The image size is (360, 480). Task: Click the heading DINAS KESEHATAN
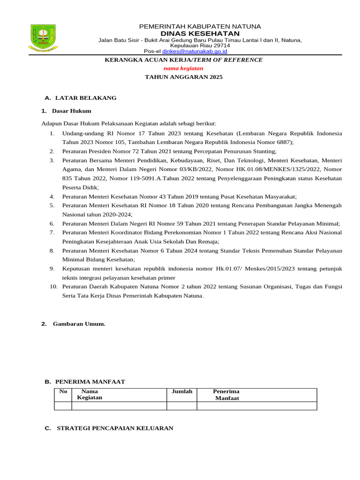(200, 34)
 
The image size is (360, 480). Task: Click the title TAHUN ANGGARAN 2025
(183, 77)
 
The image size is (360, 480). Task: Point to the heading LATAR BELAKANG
(86, 98)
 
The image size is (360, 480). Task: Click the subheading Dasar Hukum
(72, 111)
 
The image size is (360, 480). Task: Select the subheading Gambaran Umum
(79, 324)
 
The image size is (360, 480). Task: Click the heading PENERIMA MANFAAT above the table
(90, 382)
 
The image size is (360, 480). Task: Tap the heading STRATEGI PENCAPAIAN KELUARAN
(115, 428)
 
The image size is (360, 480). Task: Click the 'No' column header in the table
(63, 391)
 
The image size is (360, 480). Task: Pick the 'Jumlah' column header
(182, 391)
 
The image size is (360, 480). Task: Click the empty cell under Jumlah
(182, 406)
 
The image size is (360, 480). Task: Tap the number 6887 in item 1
(282, 142)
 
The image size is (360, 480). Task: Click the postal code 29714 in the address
(219, 46)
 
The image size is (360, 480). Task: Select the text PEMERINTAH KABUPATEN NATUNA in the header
(200, 26)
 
